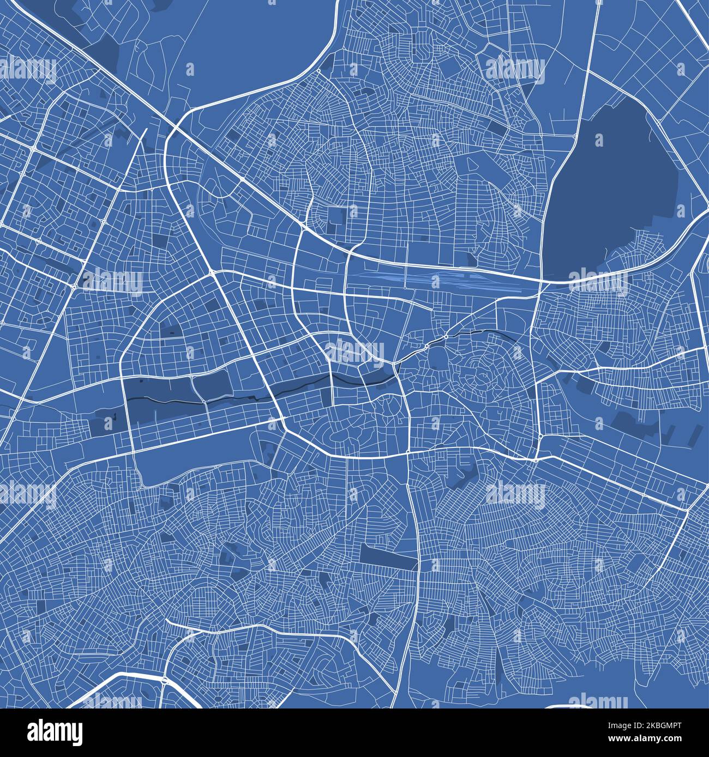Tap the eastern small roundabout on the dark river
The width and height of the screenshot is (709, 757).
(446, 337)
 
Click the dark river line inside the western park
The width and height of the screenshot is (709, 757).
(164, 401)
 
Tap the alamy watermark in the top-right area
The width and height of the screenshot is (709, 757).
(515, 70)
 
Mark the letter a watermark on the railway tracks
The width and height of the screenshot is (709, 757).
(435, 282)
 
